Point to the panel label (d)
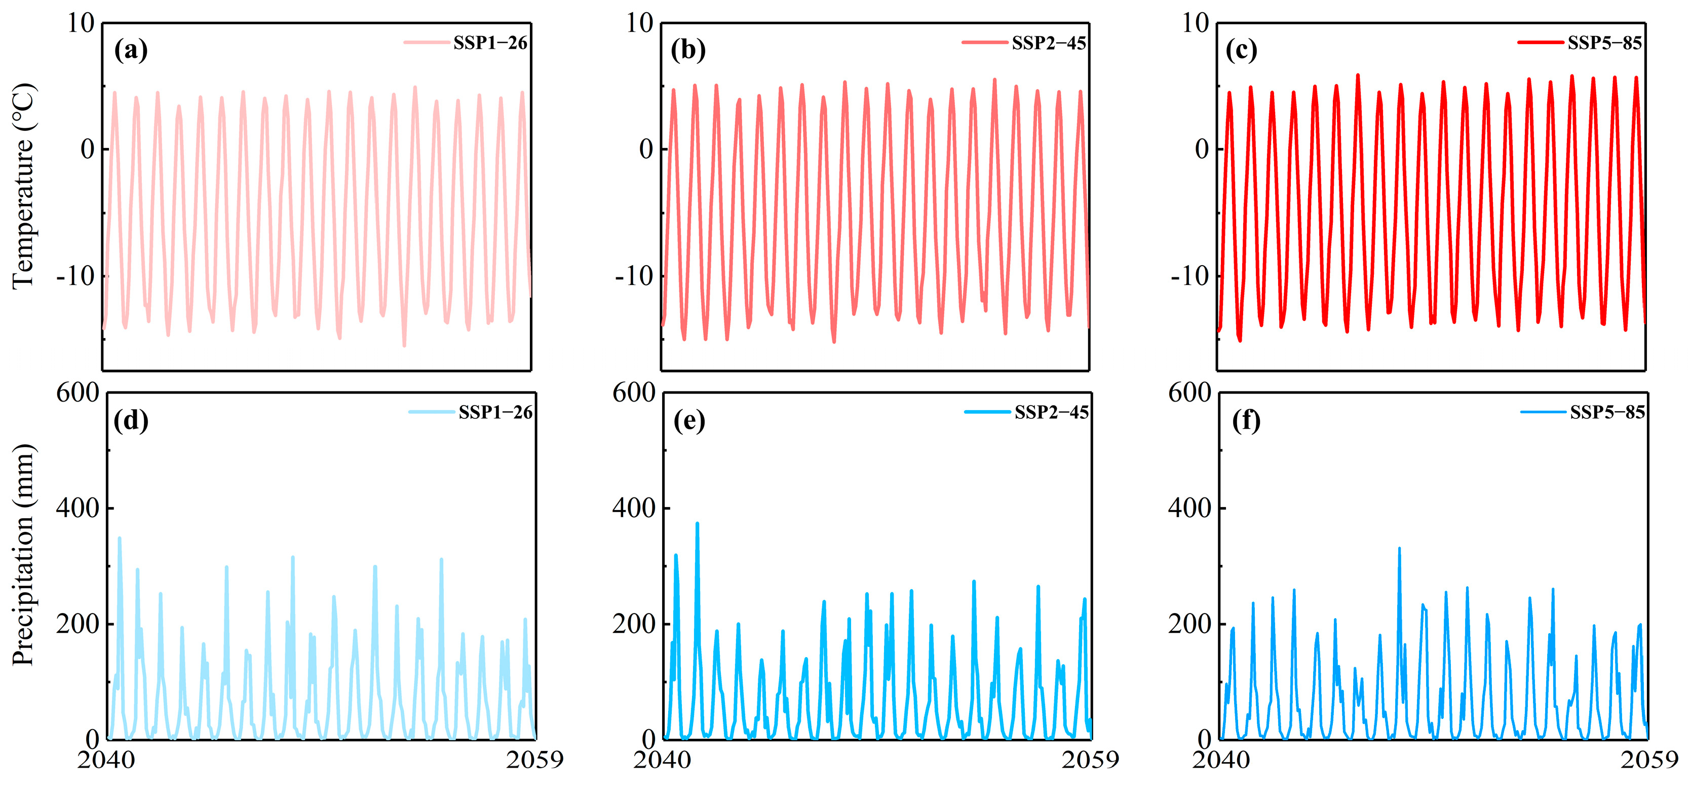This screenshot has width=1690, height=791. tap(131, 420)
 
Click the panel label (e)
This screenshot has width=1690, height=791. tap(689, 420)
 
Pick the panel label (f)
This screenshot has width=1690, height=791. tap(1246, 420)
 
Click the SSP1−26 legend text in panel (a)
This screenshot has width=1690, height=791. tap(490, 43)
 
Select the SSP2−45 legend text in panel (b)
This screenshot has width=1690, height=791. tap(1048, 43)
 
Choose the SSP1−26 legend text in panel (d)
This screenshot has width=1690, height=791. tap(495, 412)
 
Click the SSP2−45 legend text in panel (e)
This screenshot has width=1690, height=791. tap(1052, 412)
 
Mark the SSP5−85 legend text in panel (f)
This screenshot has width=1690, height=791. tap(1607, 412)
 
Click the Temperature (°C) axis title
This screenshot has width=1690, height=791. tap(24, 186)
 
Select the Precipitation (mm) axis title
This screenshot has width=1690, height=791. tap(24, 555)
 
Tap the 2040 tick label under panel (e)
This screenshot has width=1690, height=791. tap(662, 760)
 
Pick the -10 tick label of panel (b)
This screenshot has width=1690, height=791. tap(634, 276)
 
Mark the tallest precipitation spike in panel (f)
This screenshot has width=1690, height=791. tap(1399, 549)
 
